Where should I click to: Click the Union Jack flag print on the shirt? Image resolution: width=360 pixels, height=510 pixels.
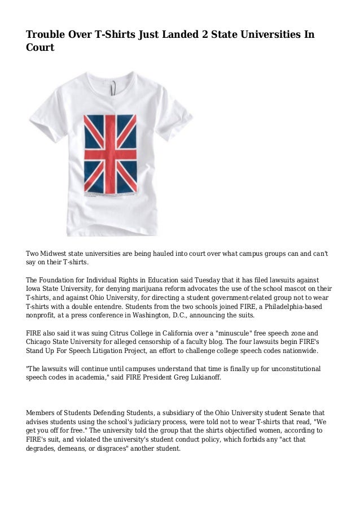tap(110, 154)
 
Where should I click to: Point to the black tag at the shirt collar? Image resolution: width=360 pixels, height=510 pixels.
tap(115, 86)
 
